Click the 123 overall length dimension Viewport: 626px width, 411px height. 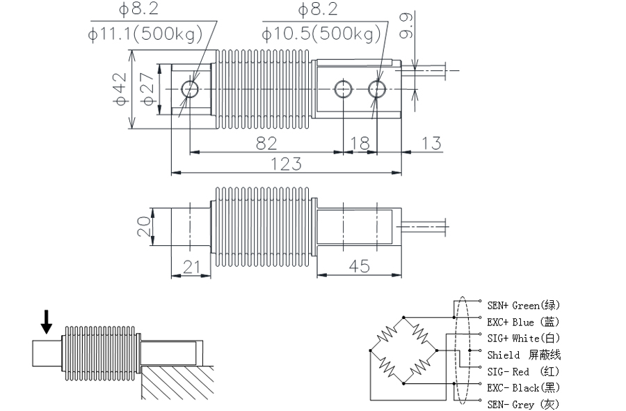tap(286, 164)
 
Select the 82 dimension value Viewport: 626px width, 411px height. tap(266, 143)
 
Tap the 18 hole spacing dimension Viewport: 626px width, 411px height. tap(360, 143)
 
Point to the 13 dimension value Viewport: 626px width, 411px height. tap(431, 143)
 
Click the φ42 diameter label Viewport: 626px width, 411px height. tap(120, 89)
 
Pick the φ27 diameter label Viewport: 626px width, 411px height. tap(147, 89)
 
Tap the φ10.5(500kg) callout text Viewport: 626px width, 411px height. tap(322, 33)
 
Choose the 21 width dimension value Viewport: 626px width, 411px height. tap(191, 266)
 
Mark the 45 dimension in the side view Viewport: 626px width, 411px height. tap(359, 266)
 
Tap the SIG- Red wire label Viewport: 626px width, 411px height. tap(522, 371)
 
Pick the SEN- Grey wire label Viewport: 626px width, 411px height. tap(522, 404)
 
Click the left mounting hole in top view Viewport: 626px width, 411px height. tap(190, 88)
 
